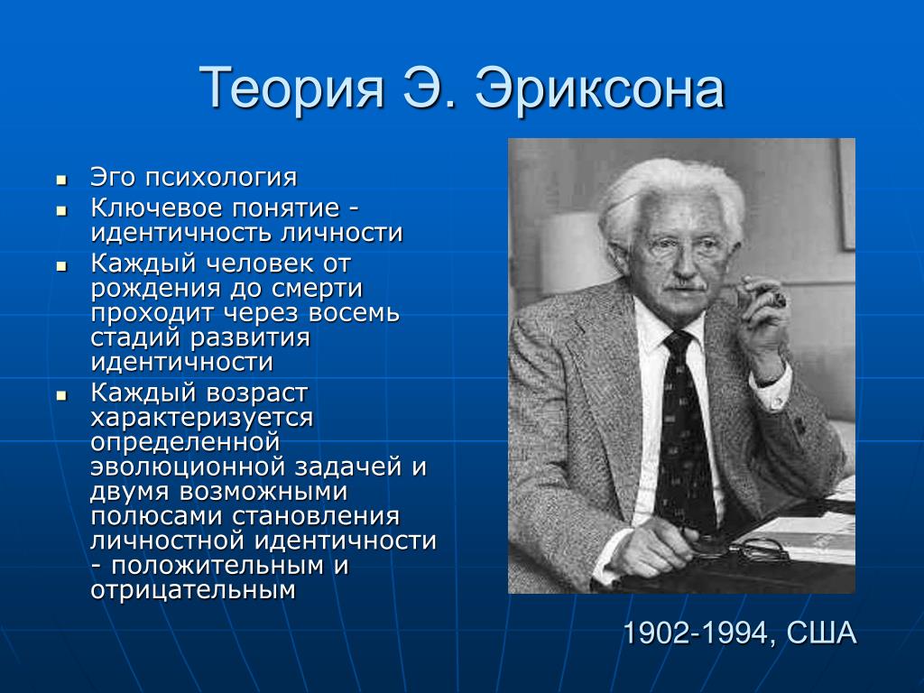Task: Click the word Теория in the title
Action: tap(291, 88)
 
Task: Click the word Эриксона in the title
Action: tap(599, 88)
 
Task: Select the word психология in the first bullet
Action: tap(221, 178)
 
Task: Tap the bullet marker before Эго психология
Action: tap(62, 180)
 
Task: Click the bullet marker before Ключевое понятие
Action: tap(62, 210)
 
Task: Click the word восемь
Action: tap(354, 313)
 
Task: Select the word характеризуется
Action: tap(201, 418)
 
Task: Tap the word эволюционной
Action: tap(188, 467)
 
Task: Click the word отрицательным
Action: tap(193, 590)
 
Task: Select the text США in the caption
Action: tap(821, 633)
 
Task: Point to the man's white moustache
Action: tap(684, 286)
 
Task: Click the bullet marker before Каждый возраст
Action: tap(62, 395)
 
